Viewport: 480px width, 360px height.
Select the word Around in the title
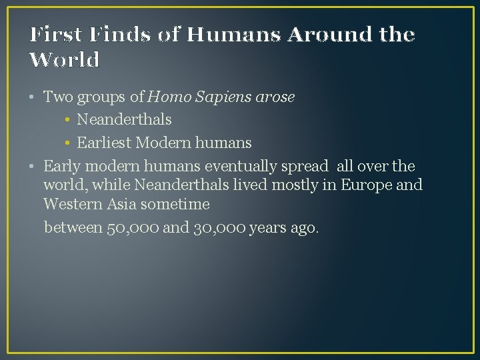click(x=321, y=34)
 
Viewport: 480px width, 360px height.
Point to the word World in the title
click(x=65, y=60)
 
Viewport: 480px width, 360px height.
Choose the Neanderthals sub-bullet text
click(x=124, y=120)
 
